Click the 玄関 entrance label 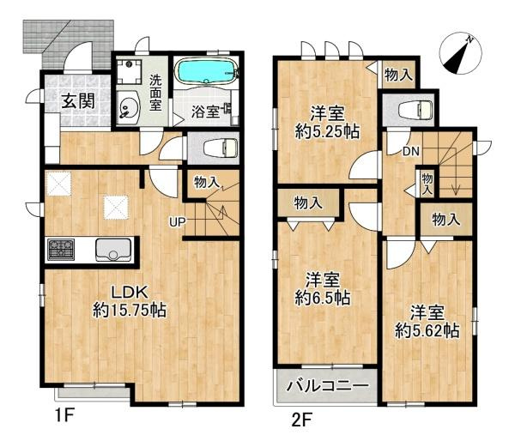tap(76, 100)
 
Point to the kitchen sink tap(112, 250)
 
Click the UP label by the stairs tap(176, 224)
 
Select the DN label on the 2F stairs tap(410, 152)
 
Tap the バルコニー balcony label tap(327, 387)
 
